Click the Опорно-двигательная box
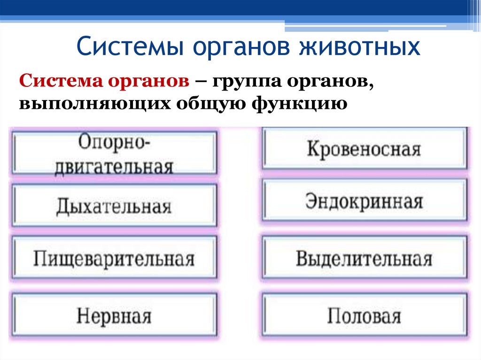(x=114, y=153)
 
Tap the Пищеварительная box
(x=114, y=259)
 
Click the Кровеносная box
(x=365, y=149)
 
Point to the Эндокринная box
(x=365, y=201)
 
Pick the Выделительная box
(x=365, y=259)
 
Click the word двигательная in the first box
(x=114, y=167)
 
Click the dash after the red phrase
(x=201, y=83)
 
